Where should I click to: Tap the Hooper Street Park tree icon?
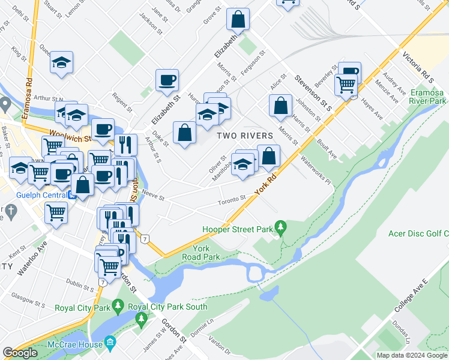[280, 228]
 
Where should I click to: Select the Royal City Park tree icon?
[118, 308]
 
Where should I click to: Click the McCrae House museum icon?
[110, 343]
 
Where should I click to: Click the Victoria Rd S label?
[427, 68]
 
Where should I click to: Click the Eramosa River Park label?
[429, 97]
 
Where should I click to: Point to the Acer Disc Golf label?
[420, 233]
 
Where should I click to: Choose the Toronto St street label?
[232, 199]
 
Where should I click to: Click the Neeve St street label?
[153, 196]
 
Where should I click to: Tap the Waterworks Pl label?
[316, 169]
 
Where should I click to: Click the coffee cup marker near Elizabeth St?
[167, 80]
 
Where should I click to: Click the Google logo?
[20, 353]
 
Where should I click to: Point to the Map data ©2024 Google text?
[411, 355]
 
